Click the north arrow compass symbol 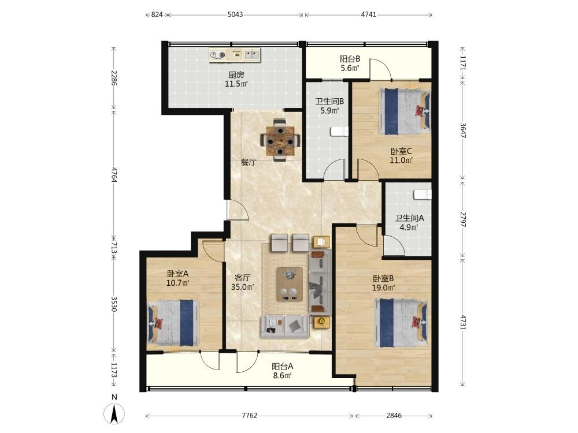114,413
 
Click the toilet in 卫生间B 339,132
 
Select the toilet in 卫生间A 423,195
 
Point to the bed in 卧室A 173,323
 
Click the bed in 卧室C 405,111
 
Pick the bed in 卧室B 401,323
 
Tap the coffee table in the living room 290,284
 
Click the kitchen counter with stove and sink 235,55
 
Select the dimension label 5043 235,15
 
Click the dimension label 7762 249,416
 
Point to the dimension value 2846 394,416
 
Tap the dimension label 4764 114,175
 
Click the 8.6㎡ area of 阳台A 282,376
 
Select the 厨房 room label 236,75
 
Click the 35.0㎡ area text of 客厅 242,287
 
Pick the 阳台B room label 350,59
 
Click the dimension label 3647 464,130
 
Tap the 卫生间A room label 409,218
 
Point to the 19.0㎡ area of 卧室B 383,288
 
